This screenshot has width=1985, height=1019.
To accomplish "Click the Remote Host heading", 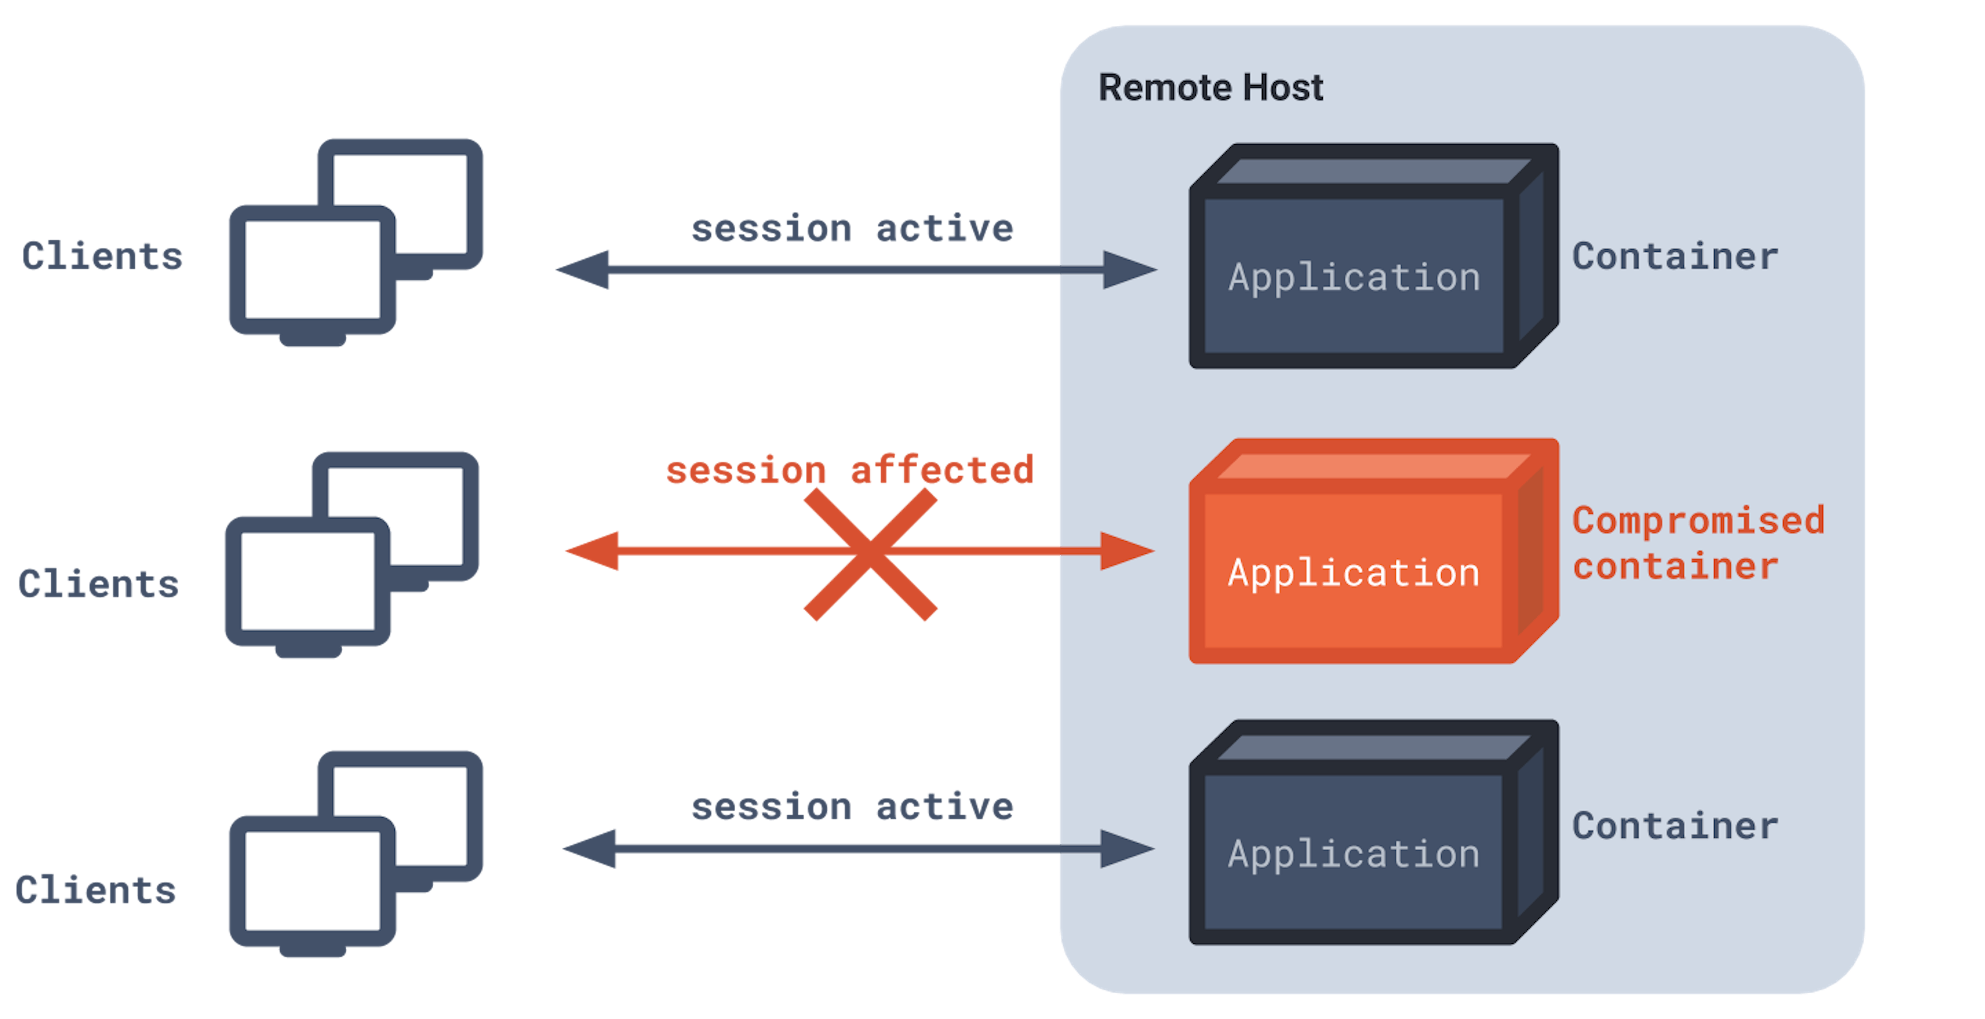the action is (x=1211, y=87).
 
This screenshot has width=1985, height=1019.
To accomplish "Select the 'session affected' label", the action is (x=849, y=469).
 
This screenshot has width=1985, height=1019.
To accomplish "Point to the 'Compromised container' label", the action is (x=1698, y=543).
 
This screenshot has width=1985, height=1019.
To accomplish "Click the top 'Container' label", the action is (x=1675, y=256).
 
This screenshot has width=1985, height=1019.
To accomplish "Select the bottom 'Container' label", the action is (x=1675, y=826).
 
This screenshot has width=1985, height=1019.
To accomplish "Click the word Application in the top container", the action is (x=1354, y=278).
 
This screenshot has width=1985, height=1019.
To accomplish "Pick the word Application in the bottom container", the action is (x=1354, y=855).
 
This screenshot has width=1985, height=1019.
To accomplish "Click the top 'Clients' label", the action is (x=102, y=256).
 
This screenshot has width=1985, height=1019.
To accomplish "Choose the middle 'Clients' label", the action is (x=99, y=584).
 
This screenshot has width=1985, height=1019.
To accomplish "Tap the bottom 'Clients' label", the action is (x=96, y=890).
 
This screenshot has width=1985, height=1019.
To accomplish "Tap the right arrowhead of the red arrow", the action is (x=1127, y=551).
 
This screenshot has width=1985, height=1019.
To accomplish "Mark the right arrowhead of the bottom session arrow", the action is (x=1127, y=849).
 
